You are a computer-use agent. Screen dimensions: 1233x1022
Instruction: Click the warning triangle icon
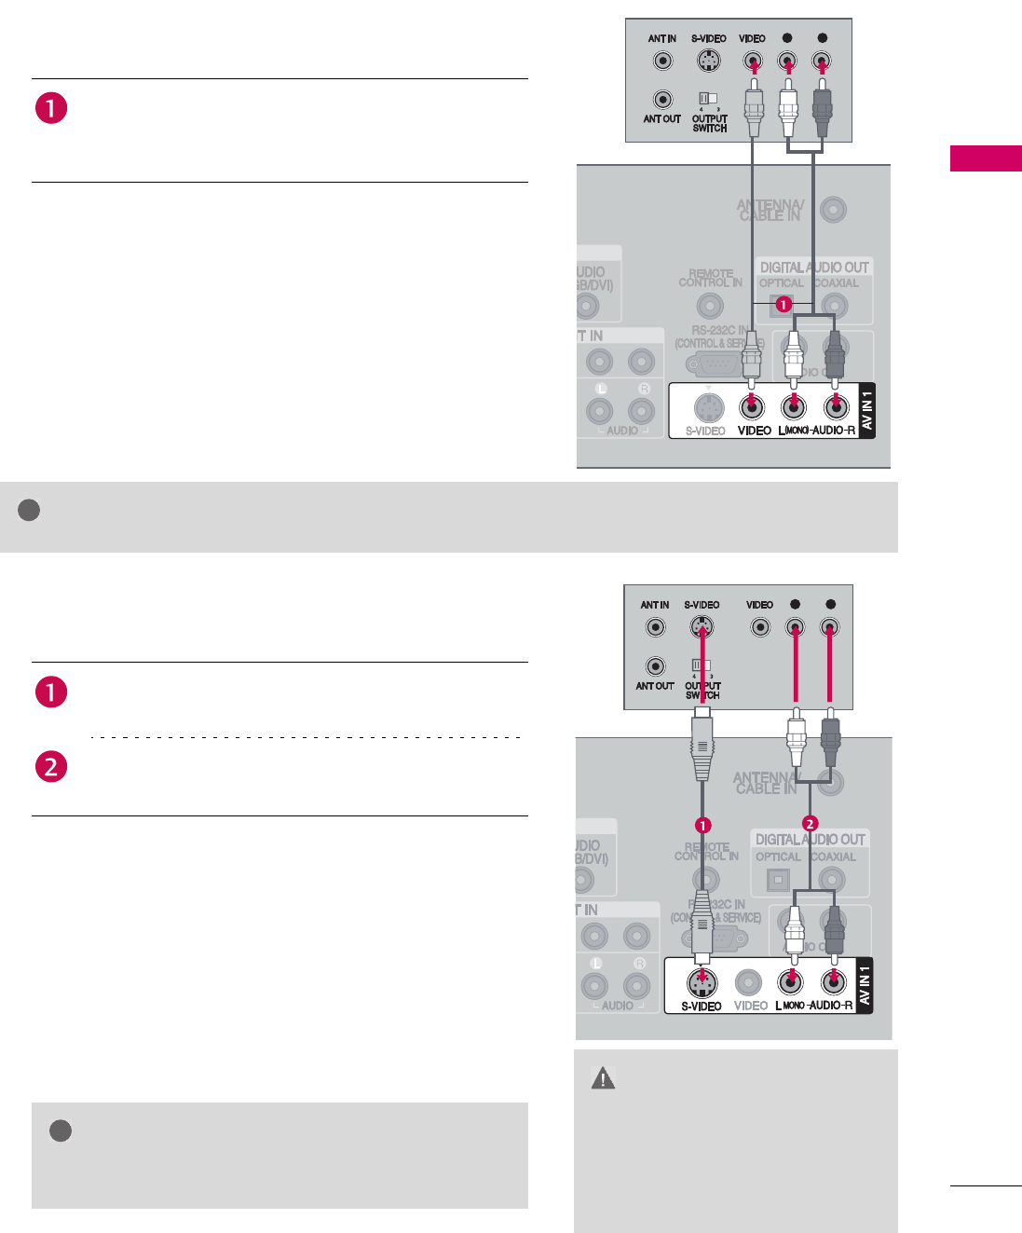[x=603, y=1078]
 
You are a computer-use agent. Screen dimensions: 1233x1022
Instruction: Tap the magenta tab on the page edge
[x=986, y=158]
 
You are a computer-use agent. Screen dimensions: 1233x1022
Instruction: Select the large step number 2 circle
[x=51, y=767]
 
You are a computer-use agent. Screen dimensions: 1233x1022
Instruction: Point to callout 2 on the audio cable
[x=810, y=824]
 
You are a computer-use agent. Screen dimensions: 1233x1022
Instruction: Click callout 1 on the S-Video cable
[x=703, y=825]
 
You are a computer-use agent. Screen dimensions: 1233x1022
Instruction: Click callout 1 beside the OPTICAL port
[x=784, y=305]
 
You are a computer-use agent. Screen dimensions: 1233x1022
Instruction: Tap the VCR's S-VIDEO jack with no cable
[x=708, y=62]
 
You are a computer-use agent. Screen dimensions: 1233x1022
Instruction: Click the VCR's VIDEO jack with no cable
[x=760, y=627]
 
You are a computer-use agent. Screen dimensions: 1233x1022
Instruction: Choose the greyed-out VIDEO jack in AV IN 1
[x=748, y=981]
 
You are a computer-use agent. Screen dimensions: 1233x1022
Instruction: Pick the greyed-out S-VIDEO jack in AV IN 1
[x=709, y=407]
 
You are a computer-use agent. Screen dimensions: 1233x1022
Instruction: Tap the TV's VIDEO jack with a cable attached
[x=751, y=407]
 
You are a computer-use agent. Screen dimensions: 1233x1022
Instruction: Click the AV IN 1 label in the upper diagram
[x=866, y=411]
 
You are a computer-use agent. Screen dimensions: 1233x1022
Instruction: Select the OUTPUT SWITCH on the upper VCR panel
[x=708, y=98]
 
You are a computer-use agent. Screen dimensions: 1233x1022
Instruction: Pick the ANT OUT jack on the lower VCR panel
[x=656, y=666]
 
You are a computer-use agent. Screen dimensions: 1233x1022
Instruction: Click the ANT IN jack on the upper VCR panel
[x=662, y=62]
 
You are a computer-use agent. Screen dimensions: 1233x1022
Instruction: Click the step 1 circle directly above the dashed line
[x=51, y=692]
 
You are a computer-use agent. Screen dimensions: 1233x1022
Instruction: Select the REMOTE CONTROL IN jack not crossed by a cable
[x=710, y=305]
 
